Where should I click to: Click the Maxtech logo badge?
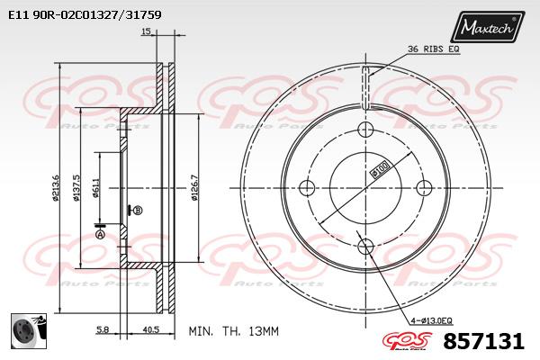[488, 26]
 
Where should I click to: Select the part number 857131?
[484, 341]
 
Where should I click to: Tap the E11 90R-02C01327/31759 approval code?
[85, 14]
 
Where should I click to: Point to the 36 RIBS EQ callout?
[433, 49]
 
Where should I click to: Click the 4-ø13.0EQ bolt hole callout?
[431, 321]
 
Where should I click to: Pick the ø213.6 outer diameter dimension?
[56, 188]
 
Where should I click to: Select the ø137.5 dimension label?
[76, 188]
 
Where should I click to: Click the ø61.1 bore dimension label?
[96, 188]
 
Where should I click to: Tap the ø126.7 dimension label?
[194, 188]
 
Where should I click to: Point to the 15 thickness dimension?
[146, 31]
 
